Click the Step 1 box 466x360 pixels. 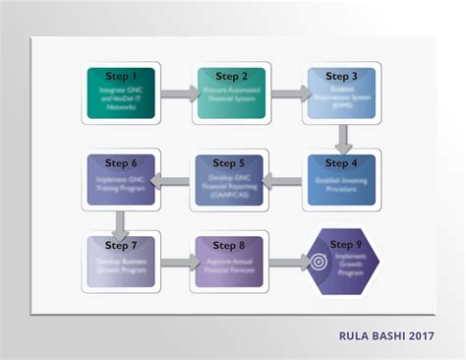[121, 93]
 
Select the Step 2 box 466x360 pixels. [231, 93]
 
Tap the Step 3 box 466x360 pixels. [341, 93]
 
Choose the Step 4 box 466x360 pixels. [341, 179]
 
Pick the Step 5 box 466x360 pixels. [231, 179]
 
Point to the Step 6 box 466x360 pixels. [121, 179]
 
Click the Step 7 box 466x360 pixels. [121, 262]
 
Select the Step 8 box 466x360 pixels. [231, 262]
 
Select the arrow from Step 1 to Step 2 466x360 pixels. [177, 94]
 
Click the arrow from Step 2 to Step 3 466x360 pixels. [287, 94]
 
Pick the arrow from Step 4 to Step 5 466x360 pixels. [286, 179]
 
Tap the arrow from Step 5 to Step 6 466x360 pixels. [177, 179]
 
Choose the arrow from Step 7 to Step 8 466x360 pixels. [177, 263]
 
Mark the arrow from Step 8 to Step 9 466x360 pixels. [287, 263]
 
